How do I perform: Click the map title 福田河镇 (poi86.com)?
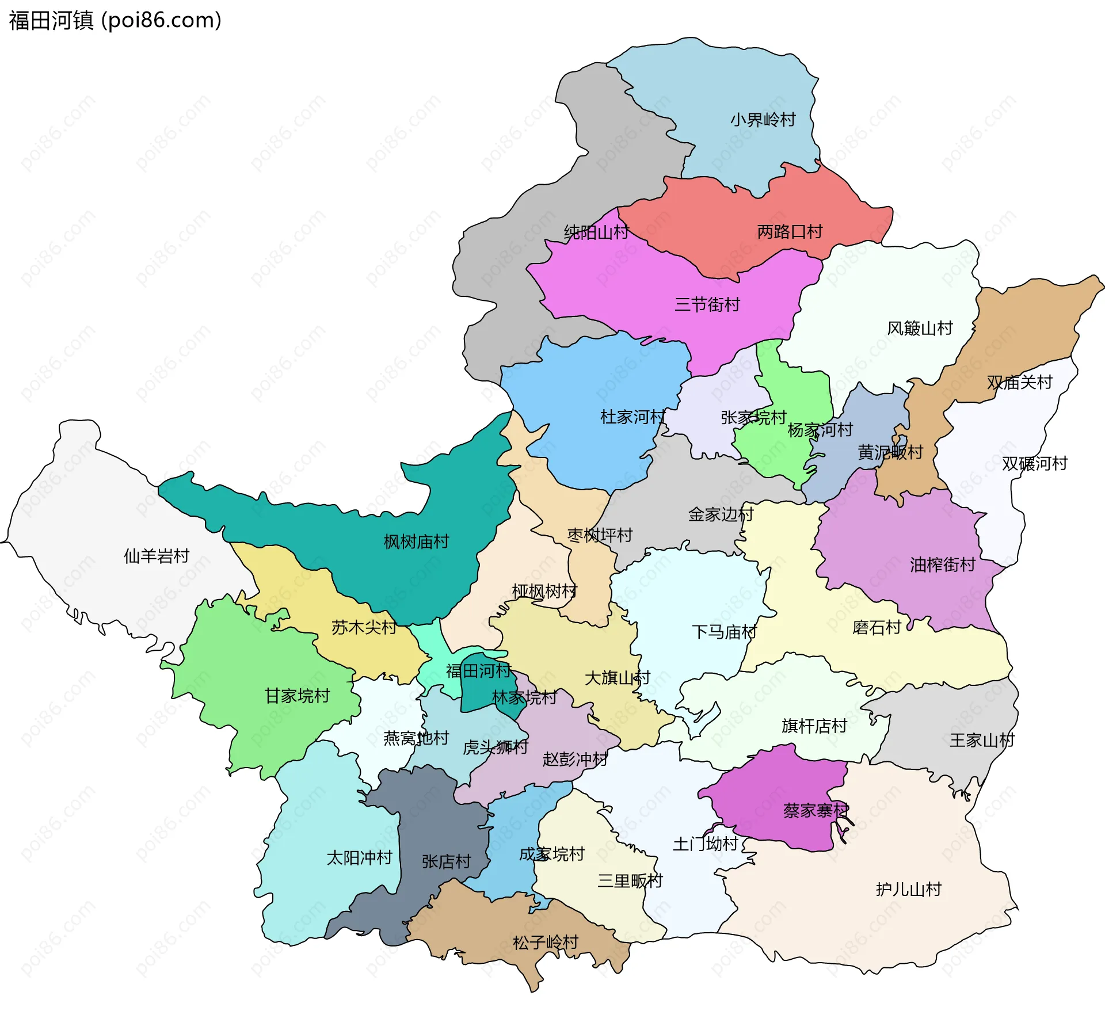(x=115, y=20)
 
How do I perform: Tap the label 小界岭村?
(x=763, y=120)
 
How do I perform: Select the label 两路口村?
(x=790, y=232)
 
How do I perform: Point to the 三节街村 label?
(x=707, y=304)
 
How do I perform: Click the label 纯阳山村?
(x=596, y=232)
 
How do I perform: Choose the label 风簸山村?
(x=920, y=329)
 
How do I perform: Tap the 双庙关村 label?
(x=1019, y=382)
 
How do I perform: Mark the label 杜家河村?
(x=632, y=417)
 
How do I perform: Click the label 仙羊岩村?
(x=157, y=556)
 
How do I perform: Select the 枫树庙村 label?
(x=416, y=541)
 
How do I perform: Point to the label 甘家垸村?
(x=297, y=696)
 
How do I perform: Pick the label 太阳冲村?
(x=359, y=858)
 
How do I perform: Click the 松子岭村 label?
(x=545, y=943)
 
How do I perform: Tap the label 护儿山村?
(x=908, y=890)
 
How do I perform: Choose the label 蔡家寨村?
(x=816, y=811)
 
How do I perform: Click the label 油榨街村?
(x=942, y=565)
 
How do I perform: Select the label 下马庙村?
(x=724, y=632)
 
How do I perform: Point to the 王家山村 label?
(x=982, y=740)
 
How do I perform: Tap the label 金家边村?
(x=721, y=514)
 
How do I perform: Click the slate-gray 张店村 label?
(x=446, y=861)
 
